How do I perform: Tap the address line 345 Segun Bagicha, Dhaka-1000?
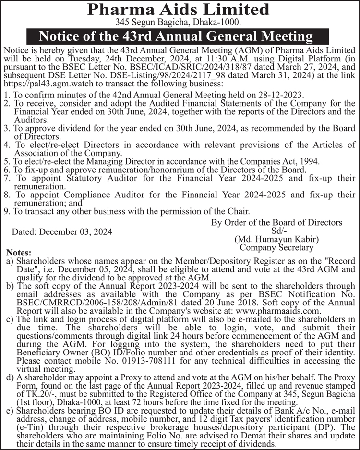tap(180, 22)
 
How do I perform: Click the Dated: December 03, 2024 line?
tap(62, 231)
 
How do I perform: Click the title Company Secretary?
tap(276, 248)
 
